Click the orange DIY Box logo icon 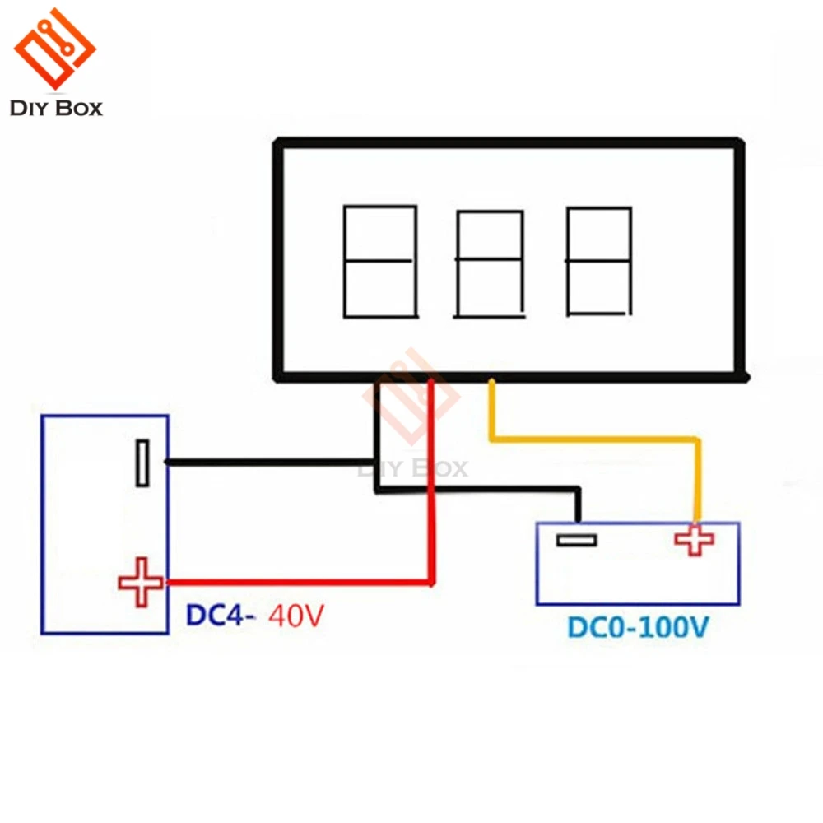pos(54,48)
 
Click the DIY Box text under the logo pos(56,108)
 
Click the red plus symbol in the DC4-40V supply pos(141,582)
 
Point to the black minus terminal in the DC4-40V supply pos(142,463)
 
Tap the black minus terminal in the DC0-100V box pos(576,540)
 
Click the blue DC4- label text pos(221,615)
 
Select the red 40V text pos(296,616)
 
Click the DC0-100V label pos(639,627)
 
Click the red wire pos(431,582)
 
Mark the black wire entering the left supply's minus pos(271,463)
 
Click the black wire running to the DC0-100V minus pos(477,491)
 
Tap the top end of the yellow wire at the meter pos(491,380)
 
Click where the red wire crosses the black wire pos(431,491)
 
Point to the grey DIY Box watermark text pos(412,468)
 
